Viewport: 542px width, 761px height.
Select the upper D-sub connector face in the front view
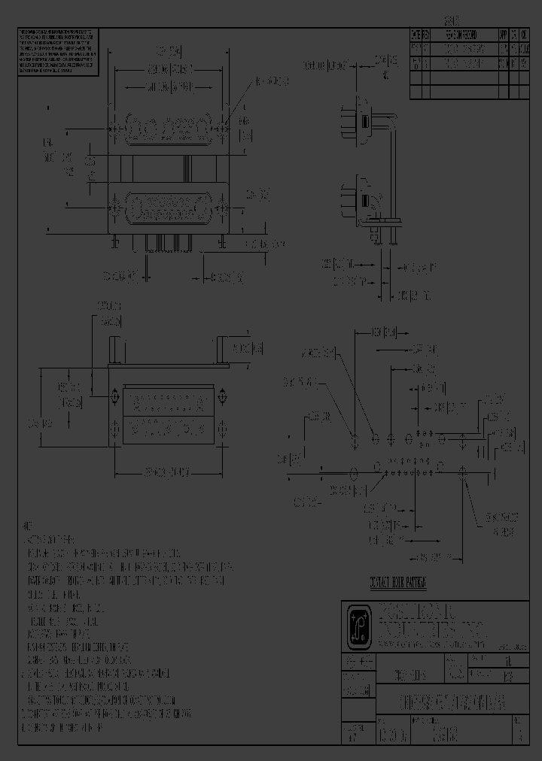[x=169, y=129]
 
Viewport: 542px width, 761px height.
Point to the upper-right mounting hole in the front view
[x=224, y=129]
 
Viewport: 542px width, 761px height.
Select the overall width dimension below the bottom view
[x=168, y=472]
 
